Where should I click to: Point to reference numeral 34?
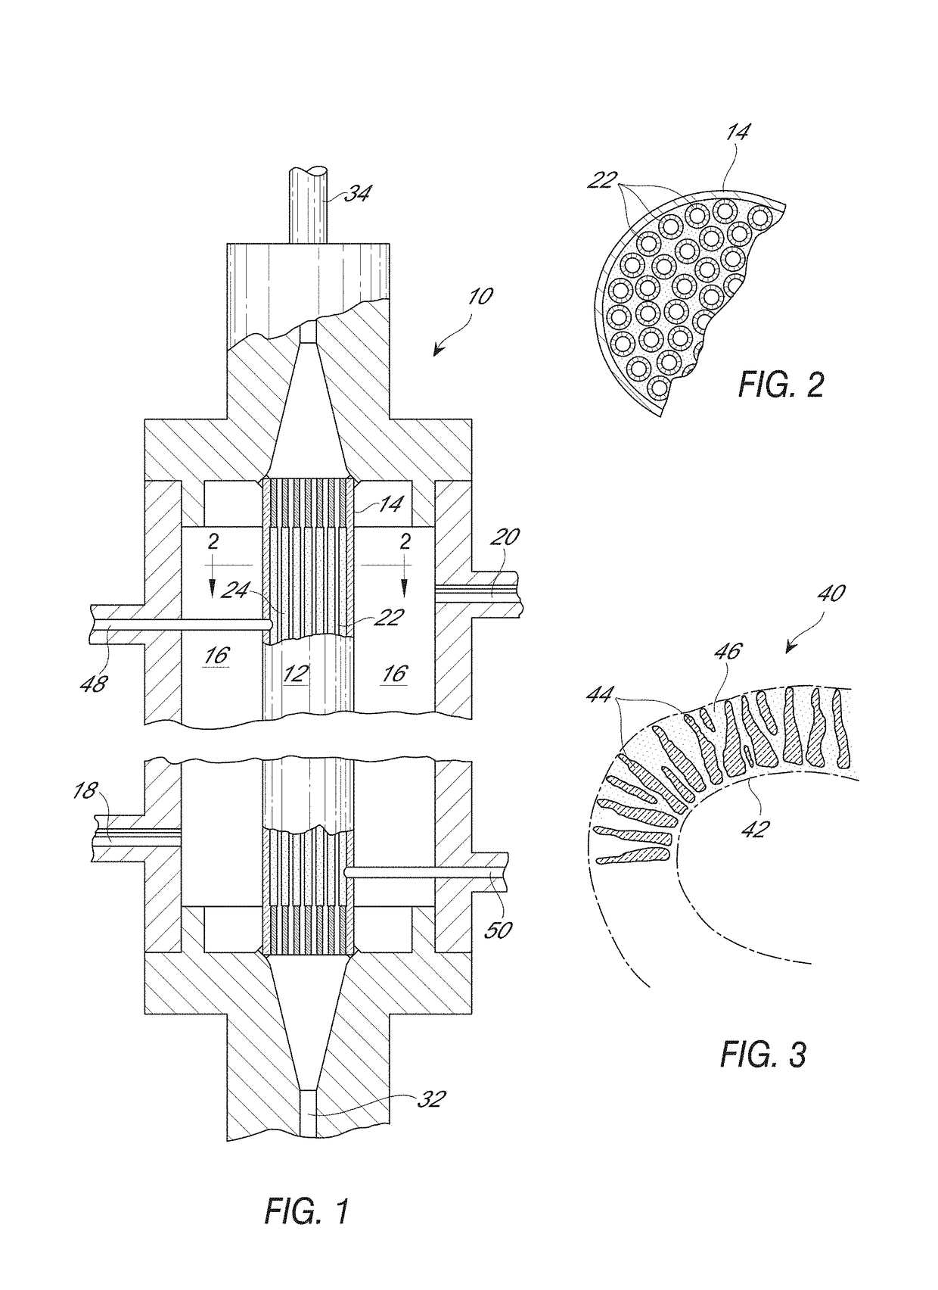[x=357, y=194]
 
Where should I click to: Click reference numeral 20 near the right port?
[x=505, y=537]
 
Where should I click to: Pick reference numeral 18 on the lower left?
[x=85, y=792]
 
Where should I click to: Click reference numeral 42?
[x=755, y=827]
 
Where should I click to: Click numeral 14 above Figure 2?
[x=738, y=132]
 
